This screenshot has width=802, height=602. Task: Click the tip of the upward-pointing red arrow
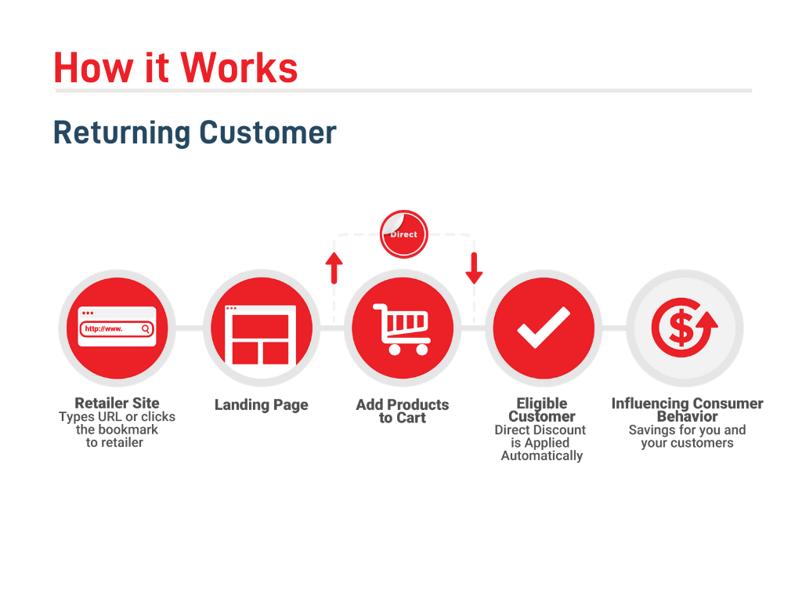(x=334, y=252)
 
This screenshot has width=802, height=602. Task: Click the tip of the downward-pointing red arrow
(x=474, y=284)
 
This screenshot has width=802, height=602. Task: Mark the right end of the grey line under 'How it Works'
(x=752, y=91)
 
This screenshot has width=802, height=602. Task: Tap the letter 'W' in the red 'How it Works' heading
(x=201, y=67)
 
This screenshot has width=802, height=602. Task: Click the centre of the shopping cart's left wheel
(x=395, y=350)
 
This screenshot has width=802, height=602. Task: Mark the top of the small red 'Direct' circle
(x=403, y=210)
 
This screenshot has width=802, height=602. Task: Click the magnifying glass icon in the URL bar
(x=146, y=329)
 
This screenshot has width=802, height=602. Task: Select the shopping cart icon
(x=402, y=329)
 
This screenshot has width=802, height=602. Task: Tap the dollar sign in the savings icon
(x=681, y=328)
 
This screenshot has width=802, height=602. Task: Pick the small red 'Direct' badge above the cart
(x=403, y=234)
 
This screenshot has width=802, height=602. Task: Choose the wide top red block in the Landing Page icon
(x=260, y=325)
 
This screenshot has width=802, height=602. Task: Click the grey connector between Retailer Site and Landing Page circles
(x=190, y=328)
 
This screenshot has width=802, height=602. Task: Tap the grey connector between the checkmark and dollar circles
(x=614, y=328)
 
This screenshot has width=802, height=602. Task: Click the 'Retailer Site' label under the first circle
(x=117, y=403)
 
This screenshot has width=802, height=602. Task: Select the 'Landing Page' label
(x=262, y=405)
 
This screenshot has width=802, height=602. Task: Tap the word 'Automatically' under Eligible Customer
(x=542, y=455)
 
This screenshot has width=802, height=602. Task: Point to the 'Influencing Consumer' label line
(x=688, y=404)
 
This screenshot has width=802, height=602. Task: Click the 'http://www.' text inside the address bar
(x=104, y=328)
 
